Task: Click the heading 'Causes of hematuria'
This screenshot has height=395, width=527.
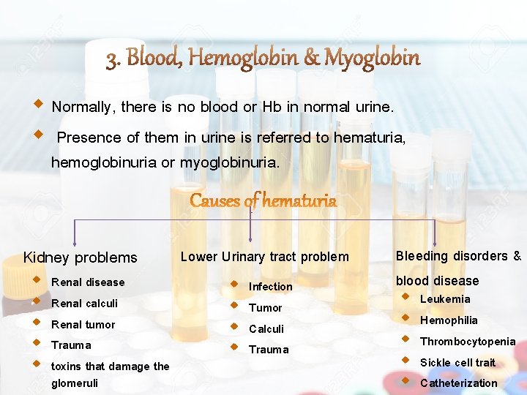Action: click(x=263, y=200)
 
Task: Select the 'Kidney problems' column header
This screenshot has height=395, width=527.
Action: click(x=80, y=257)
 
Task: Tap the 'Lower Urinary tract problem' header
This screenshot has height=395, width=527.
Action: click(x=264, y=256)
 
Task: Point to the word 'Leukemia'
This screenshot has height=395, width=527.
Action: click(x=445, y=299)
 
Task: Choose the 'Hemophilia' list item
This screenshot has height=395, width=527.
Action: click(x=449, y=320)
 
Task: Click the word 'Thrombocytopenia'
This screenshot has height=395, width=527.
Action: click(x=467, y=342)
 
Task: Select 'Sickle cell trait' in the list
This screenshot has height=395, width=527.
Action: click(x=457, y=363)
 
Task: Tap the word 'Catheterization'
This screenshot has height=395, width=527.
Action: click(x=458, y=383)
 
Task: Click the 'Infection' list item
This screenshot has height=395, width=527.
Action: click(x=270, y=287)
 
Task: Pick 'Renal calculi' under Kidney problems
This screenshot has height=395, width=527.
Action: click(x=84, y=304)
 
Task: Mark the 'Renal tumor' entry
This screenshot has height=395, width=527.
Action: click(x=83, y=325)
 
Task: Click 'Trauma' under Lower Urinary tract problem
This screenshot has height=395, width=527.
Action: click(x=269, y=350)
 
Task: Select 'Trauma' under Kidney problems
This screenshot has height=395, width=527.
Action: click(x=71, y=345)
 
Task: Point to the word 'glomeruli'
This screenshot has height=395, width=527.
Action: click(x=74, y=383)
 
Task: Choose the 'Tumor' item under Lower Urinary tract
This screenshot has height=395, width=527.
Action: click(x=265, y=308)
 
